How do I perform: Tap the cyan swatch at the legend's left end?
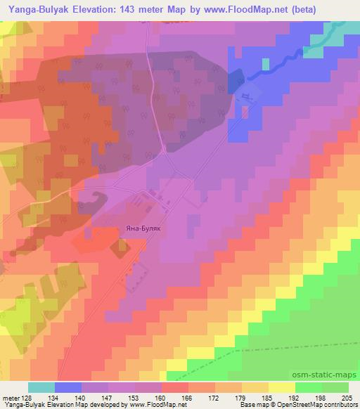tap(41, 387)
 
